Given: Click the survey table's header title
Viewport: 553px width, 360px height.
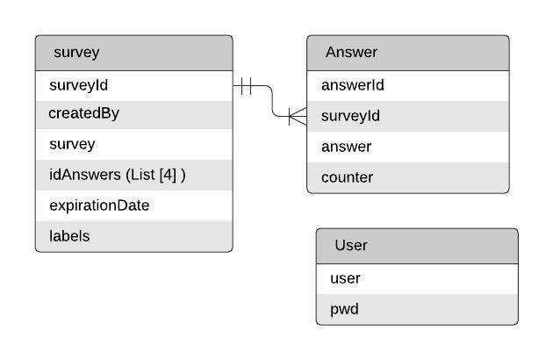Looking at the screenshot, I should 76,53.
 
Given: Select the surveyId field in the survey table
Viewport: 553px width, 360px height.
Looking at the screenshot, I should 78,85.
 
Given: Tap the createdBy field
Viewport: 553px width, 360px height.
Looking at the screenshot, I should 83,114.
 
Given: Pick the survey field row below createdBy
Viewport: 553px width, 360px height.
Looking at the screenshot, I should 72,144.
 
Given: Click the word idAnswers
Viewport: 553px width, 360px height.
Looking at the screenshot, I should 85,175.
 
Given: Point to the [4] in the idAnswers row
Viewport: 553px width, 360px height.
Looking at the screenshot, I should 169,175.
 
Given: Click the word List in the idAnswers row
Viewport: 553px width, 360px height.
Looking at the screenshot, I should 142,175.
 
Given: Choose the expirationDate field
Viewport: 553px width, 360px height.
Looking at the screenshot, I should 99,205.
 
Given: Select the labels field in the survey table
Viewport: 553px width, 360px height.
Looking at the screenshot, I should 69,236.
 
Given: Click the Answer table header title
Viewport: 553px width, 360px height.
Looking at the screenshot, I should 351,53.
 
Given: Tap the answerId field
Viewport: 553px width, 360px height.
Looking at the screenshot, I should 353,85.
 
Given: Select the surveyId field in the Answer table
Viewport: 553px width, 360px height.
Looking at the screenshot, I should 351,116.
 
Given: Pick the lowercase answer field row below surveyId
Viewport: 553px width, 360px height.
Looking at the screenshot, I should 346,147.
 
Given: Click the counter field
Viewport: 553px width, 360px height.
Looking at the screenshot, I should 347,177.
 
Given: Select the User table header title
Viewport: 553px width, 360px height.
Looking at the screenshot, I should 350,246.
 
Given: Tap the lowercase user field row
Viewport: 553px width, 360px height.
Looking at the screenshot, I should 345,278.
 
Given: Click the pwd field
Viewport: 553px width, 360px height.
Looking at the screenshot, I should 344,309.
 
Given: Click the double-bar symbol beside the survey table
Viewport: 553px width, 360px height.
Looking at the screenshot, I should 245,86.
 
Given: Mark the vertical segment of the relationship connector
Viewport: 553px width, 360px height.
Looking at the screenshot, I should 272,102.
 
